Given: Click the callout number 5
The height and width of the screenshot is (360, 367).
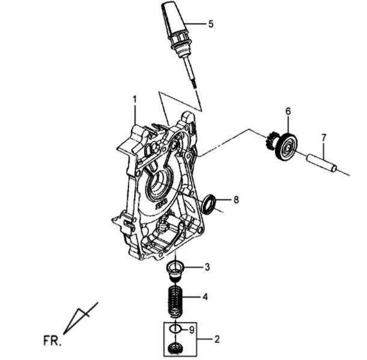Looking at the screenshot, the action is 211,24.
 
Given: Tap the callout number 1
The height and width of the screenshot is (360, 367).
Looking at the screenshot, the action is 135,100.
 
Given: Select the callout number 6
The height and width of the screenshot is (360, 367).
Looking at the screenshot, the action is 288,111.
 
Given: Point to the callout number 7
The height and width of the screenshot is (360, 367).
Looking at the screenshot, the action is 323,137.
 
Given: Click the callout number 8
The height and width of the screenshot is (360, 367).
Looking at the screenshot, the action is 236,200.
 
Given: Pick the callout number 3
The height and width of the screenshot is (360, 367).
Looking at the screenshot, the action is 207,267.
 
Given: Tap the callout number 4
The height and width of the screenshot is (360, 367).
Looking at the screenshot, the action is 205,297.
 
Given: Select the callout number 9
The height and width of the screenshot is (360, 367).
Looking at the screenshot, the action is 192,330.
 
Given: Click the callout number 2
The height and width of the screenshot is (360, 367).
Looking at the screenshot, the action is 217,339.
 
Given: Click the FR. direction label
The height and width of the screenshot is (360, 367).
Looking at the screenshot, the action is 52,341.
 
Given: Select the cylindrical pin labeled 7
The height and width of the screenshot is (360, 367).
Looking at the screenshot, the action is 322,163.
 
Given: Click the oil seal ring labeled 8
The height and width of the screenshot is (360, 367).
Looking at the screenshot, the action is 209,204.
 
